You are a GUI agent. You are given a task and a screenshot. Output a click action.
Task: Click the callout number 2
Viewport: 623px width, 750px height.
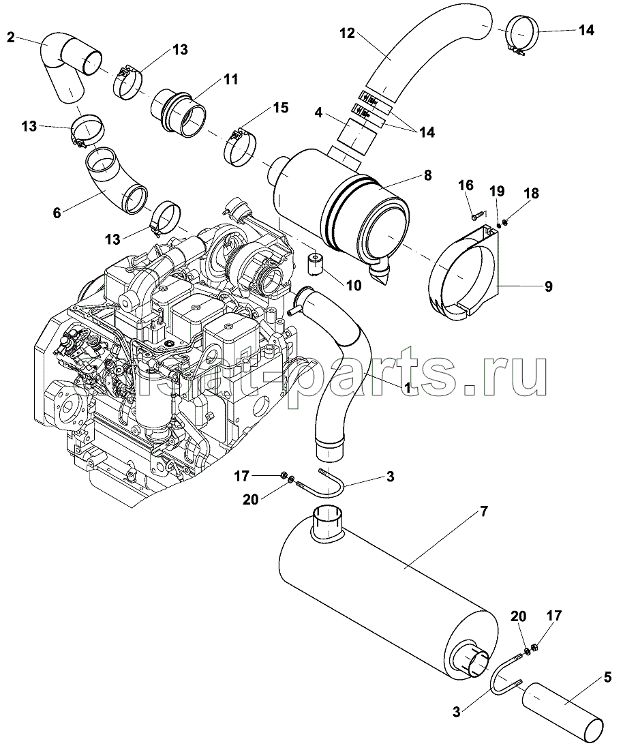click(x=10, y=36)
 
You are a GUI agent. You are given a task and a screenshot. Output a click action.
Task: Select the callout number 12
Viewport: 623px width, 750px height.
click(x=347, y=33)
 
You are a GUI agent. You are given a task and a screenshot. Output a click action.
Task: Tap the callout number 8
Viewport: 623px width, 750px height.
click(x=427, y=175)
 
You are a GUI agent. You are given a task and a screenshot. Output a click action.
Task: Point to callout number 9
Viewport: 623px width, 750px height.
click(x=548, y=287)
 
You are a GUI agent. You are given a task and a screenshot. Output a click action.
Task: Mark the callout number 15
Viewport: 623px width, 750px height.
click(x=280, y=108)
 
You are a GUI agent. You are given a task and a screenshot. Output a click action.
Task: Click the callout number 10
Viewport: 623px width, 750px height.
click(x=353, y=286)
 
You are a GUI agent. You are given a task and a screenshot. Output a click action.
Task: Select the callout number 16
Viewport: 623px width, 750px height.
click(x=466, y=185)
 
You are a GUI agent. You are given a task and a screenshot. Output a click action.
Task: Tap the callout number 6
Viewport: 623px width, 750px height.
click(x=57, y=213)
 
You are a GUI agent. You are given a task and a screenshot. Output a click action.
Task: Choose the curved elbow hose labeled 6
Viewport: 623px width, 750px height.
click(x=116, y=181)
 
